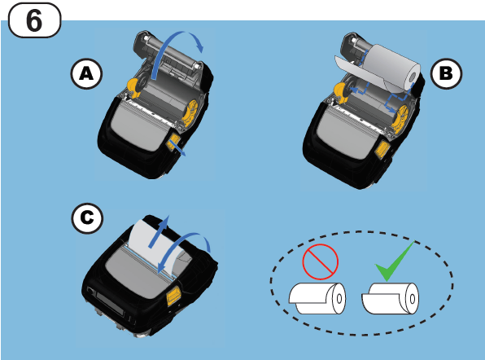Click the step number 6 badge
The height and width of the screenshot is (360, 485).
(x=34, y=19)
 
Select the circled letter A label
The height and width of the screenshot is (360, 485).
(x=85, y=74)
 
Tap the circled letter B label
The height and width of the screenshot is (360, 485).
(x=445, y=74)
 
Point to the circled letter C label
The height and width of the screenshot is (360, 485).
(x=85, y=217)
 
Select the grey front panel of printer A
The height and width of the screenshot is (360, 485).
(x=139, y=130)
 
